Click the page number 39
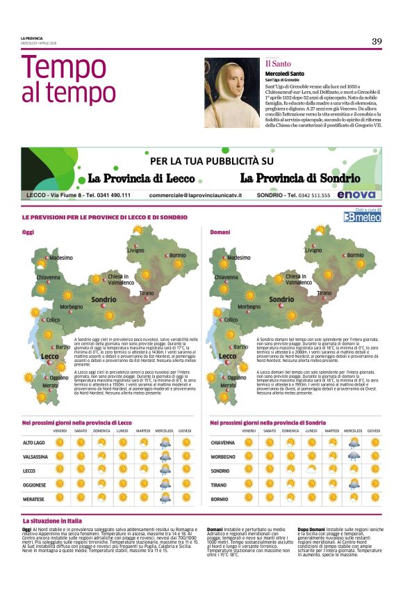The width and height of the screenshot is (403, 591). click(377, 41)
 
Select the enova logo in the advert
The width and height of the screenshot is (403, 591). click(356, 195)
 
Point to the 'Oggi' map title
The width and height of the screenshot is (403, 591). click(28, 232)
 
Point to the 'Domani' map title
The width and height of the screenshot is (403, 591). click(220, 232)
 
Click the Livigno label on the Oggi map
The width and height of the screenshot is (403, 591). click(135, 250)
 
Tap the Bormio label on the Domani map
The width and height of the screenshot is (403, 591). click(355, 255)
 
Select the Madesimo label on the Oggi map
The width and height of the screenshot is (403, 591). click(60, 258)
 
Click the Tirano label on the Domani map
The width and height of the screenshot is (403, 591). click(324, 293)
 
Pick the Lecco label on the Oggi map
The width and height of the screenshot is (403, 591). click(50, 356)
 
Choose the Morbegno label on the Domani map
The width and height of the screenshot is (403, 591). click(249, 306)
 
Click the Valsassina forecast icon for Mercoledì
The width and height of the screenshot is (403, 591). click(165, 457)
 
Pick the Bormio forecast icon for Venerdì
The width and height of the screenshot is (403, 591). click(248, 498)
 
